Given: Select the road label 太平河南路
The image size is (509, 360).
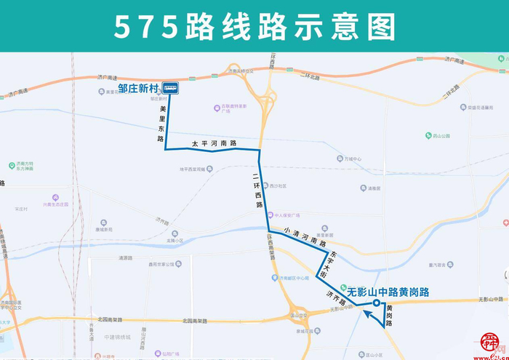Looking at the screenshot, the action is click(215, 143).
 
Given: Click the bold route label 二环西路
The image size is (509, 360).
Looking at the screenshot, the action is click(256, 191).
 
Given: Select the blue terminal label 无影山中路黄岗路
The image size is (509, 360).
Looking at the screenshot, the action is click(388, 292).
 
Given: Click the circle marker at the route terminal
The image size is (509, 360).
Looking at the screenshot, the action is click(376, 303).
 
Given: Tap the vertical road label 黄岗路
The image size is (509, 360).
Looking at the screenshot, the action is click(389, 316).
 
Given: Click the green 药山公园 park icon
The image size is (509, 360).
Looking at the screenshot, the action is click(427, 135).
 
